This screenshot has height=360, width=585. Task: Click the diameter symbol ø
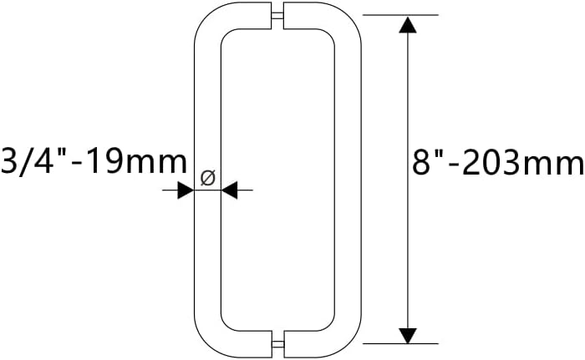(x=209, y=177)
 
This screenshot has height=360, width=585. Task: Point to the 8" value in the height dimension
(x=432, y=162)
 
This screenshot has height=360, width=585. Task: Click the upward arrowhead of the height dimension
(x=407, y=24)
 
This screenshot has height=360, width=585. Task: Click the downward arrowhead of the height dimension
(x=407, y=335)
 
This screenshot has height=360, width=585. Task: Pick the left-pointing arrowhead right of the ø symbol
(x=229, y=191)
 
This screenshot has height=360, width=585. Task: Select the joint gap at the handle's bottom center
(x=277, y=342)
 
